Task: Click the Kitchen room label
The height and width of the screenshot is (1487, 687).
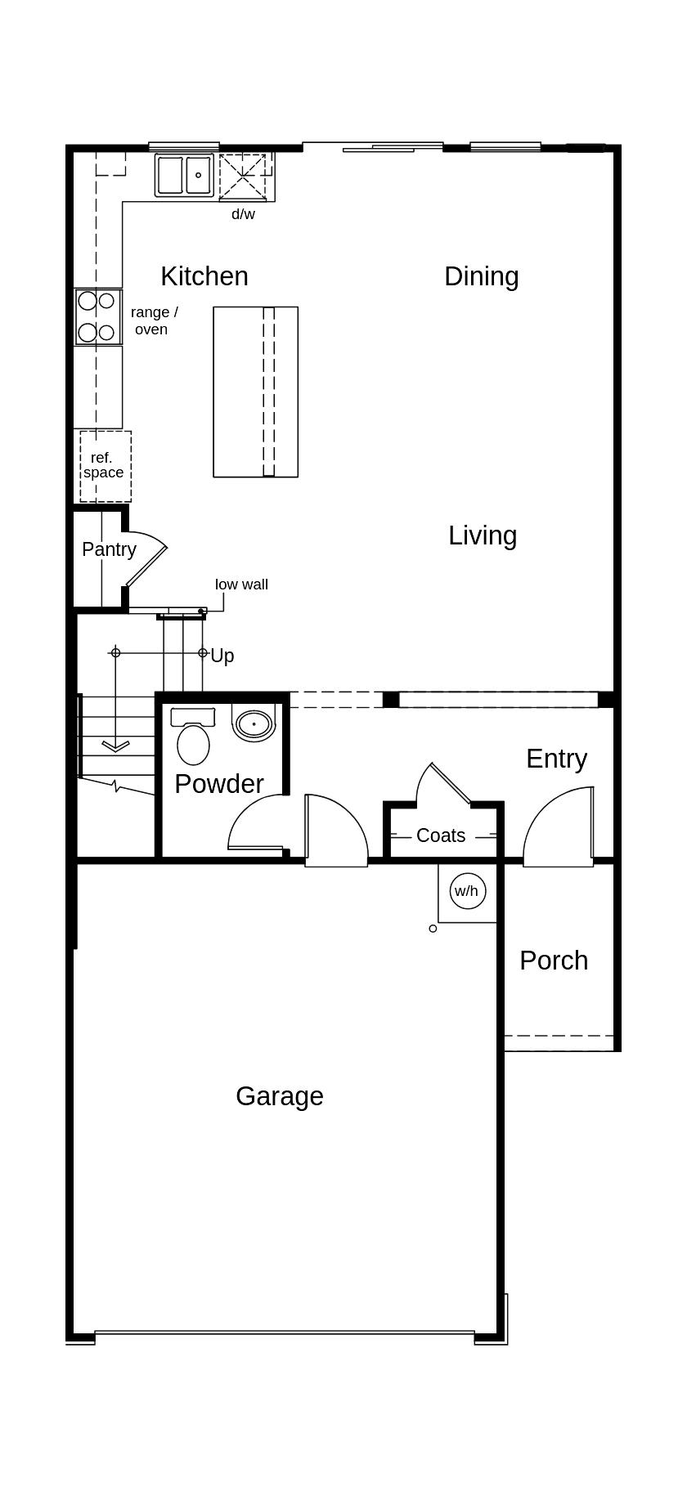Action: [204, 276]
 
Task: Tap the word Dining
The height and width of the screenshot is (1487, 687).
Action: [481, 276]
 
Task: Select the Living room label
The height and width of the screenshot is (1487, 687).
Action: [483, 535]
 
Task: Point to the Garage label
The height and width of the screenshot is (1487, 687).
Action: [280, 1096]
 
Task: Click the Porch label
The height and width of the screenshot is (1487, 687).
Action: [554, 961]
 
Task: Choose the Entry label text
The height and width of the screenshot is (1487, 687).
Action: [556, 759]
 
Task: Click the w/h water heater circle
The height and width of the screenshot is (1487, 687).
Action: [467, 890]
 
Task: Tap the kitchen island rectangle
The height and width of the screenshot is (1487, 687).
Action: [255, 392]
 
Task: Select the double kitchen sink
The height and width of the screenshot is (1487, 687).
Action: [185, 175]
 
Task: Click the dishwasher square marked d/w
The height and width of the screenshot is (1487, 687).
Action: [242, 177]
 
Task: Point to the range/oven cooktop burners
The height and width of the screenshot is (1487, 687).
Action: [97, 316]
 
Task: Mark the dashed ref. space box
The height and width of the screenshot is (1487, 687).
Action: [106, 466]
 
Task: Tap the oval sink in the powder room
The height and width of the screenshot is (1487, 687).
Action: [254, 724]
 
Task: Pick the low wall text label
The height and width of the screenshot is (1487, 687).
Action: [241, 584]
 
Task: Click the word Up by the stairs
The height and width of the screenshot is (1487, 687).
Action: [222, 656]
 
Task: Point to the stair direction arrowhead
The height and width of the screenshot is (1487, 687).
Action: [115, 746]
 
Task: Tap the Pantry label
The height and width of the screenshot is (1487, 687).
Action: [109, 549]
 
